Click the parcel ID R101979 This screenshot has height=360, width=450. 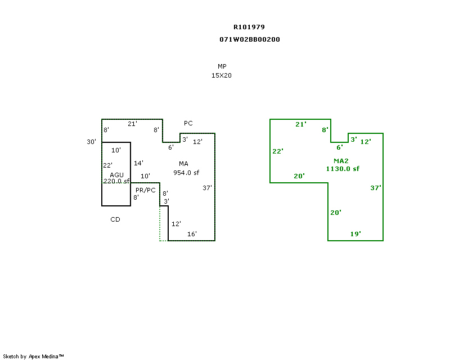click(x=249, y=27)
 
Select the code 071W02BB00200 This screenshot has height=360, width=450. click(x=250, y=39)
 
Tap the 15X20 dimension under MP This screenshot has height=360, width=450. click(x=222, y=75)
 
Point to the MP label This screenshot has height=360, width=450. click(x=222, y=66)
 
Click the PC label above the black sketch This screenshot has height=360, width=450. click(x=188, y=123)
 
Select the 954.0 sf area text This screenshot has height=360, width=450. click(x=186, y=173)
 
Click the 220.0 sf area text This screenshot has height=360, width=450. click(x=116, y=181)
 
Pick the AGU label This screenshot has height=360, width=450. click(x=116, y=175)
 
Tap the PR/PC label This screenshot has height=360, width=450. click(x=146, y=190)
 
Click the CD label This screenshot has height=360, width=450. click(x=115, y=219)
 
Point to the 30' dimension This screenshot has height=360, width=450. click(x=92, y=142)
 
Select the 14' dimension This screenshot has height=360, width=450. click(x=138, y=163)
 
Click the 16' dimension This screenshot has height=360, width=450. click(x=192, y=234)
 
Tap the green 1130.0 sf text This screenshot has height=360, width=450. click(x=343, y=169)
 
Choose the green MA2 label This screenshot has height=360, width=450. click(x=341, y=161)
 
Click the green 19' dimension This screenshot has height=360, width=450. click(x=355, y=234)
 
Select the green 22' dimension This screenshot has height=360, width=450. click(x=278, y=151)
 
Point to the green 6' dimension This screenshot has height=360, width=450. click(x=340, y=147)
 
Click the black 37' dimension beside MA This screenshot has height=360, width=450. click(x=207, y=188)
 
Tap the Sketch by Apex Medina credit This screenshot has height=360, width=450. click(x=33, y=356)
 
